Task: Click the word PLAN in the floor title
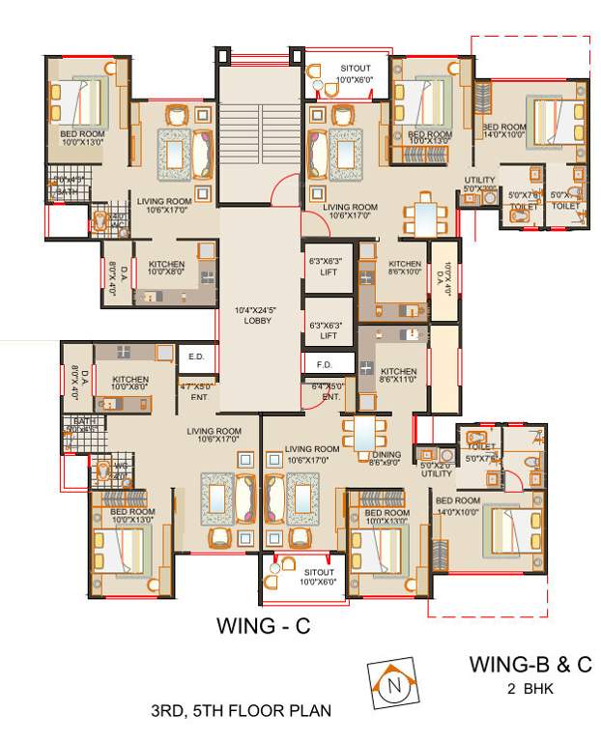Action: (x=309, y=711)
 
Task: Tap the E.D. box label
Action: (x=196, y=357)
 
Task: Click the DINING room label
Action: (x=386, y=454)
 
